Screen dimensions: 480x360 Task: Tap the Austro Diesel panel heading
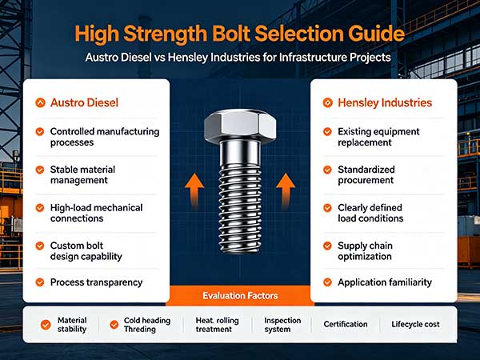point(84,103)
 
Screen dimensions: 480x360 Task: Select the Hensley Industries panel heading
point(385,103)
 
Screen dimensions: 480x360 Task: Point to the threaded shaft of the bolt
point(240,207)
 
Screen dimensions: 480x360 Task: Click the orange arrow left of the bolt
point(194,190)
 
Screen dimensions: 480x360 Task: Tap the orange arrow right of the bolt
point(286,190)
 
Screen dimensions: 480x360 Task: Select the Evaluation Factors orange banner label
point(240,296)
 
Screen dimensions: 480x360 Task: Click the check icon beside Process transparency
point(40,282)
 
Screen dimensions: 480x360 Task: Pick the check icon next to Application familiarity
point(327,282)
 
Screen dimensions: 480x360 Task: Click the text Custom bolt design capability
point(86,251)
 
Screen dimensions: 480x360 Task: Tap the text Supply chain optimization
point(366,251)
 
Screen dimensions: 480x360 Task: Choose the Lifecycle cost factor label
point(415,324)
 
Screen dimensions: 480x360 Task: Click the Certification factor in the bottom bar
point(346,324)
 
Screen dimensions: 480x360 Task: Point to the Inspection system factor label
point(282,325)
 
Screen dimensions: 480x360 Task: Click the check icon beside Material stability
point(46,325)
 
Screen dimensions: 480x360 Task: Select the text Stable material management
point(82,174)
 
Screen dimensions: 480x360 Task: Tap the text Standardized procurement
point(366,174)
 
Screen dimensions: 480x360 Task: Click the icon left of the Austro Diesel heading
point(40,103)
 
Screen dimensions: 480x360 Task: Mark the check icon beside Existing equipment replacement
point(327,132)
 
